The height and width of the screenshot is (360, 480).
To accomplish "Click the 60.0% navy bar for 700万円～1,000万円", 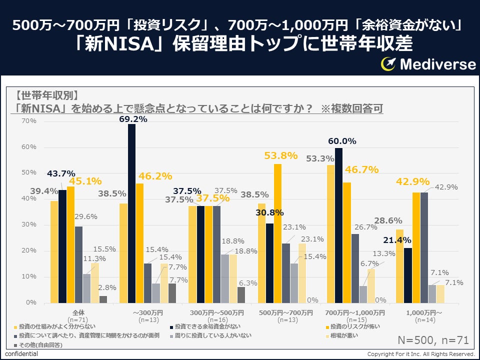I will point(338,225).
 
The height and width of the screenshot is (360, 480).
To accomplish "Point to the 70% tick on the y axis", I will point(29,121).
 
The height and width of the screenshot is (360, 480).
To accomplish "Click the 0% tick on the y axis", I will point(31,302).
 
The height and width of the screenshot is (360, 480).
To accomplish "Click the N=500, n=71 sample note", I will point(433,340).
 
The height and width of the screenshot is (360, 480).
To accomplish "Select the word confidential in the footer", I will point(21,354).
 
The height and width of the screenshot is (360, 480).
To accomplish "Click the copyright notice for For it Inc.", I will point(421,354).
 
